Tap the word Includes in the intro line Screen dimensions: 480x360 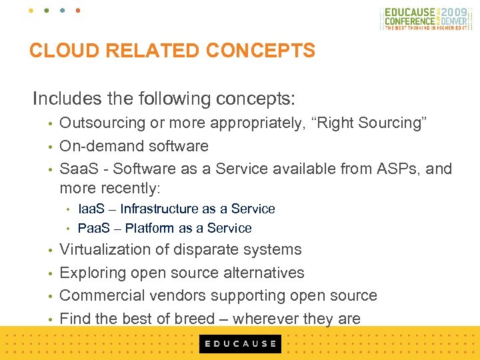[65, 99]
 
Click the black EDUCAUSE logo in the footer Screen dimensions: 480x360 [240, 344]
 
